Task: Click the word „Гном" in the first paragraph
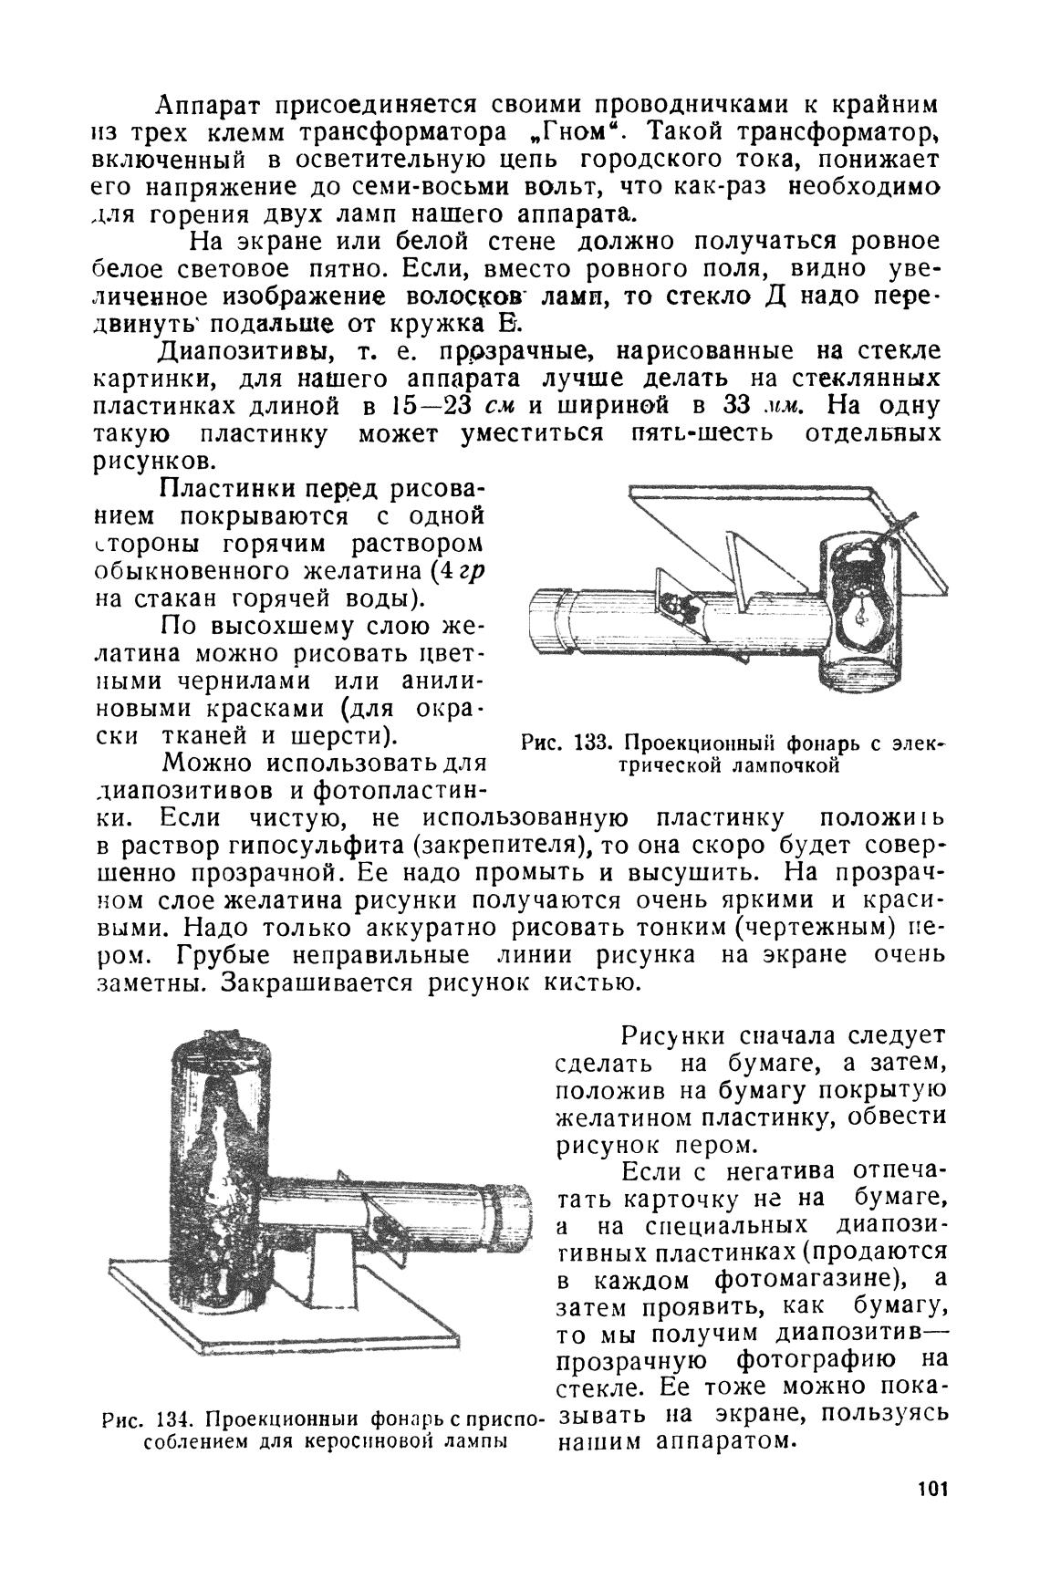pos(567,132)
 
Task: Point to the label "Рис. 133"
pos(559,743)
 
